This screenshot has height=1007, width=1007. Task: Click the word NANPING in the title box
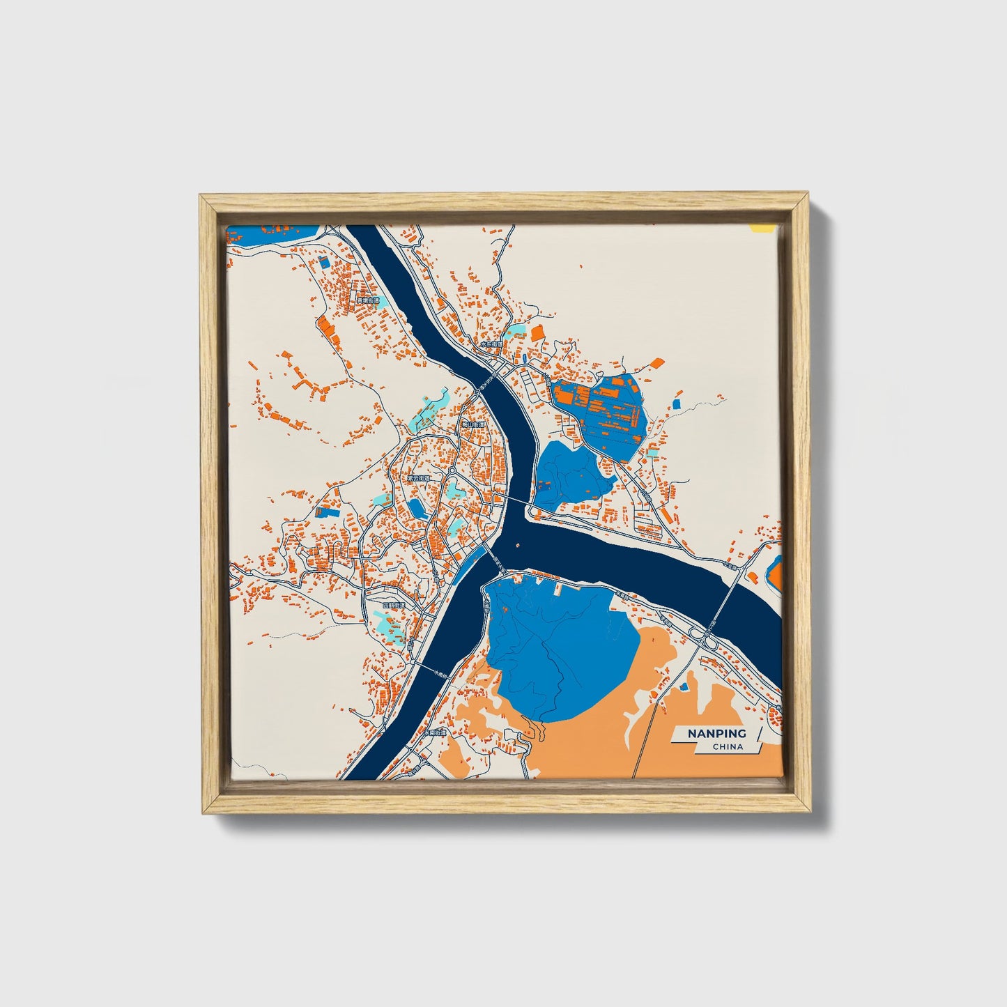[x=716, y=734]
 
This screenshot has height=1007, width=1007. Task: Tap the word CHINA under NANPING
[x=728, y=747]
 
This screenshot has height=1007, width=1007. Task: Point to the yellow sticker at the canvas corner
[x=761, y=227]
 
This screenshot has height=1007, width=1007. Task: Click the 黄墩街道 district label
[x=368, y=301]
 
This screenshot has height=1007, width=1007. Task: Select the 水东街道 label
[x=491, y=344]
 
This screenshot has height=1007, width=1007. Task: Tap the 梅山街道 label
[x=473, y=424]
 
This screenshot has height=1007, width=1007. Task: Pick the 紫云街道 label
[x=420, y=479]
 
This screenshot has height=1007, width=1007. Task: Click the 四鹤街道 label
[x=394, y=606]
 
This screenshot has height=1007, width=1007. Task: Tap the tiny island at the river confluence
[x=518, y=545]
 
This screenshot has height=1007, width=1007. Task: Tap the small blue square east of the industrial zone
[x=677, y=403]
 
